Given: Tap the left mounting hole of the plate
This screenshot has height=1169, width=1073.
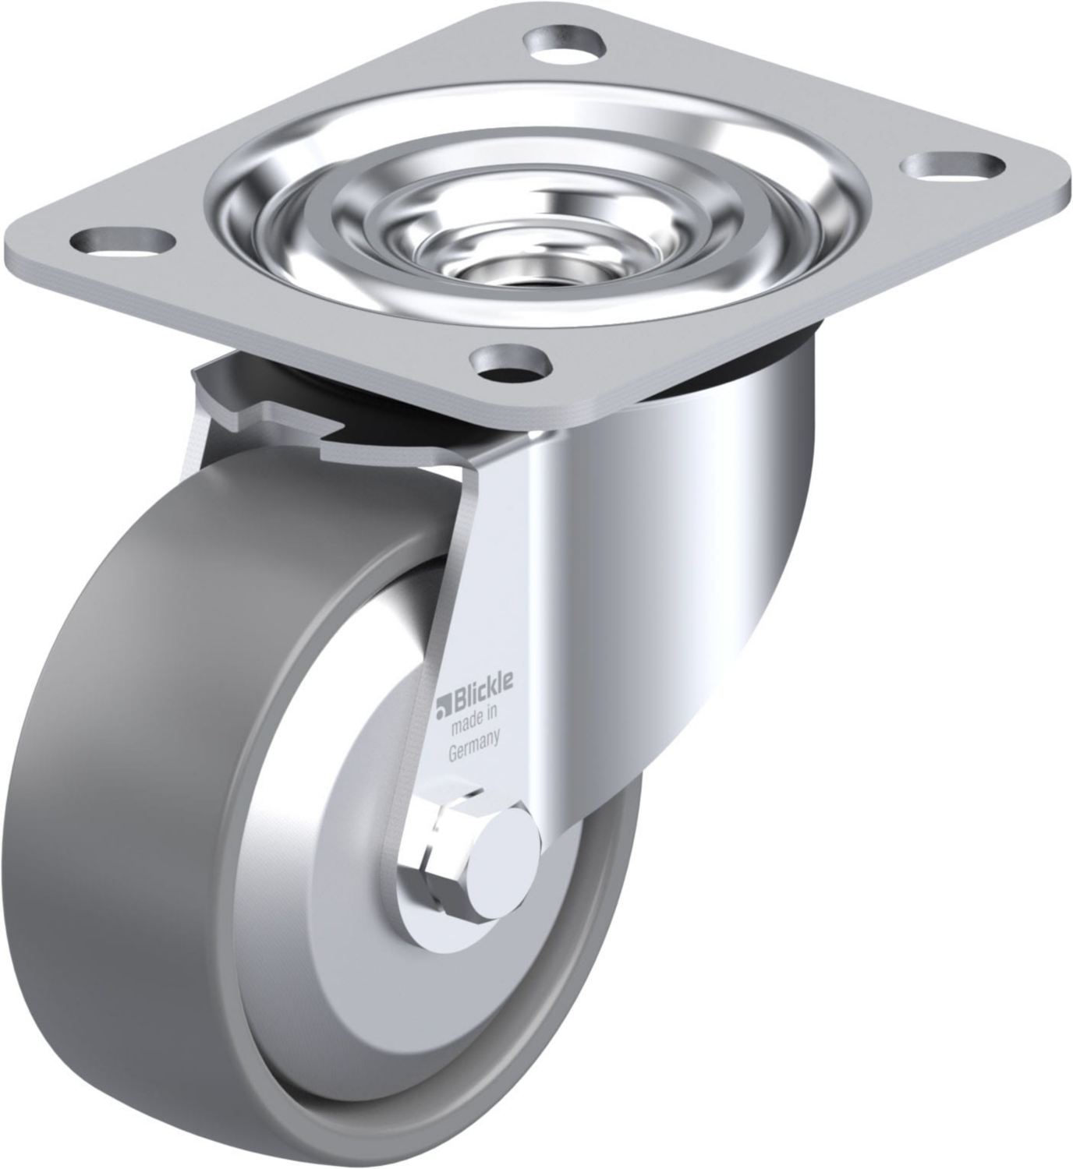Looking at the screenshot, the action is [x=122, y=242].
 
